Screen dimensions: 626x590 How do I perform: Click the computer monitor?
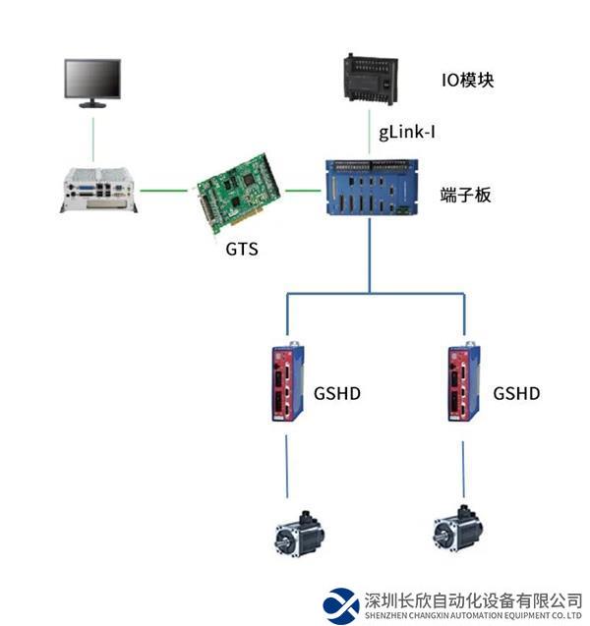(92, 82)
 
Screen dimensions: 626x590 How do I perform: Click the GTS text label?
(241, 249)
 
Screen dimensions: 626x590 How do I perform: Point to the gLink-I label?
(407, 131)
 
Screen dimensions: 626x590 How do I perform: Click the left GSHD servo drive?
(287, 381)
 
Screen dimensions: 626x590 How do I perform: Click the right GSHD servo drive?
(461, 381)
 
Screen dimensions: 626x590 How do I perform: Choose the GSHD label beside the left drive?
(338, 394)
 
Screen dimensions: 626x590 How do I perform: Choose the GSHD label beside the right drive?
(516, 394)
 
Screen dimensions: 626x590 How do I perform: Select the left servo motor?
(298, 532)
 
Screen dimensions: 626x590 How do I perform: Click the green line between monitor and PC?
(93, 138)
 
